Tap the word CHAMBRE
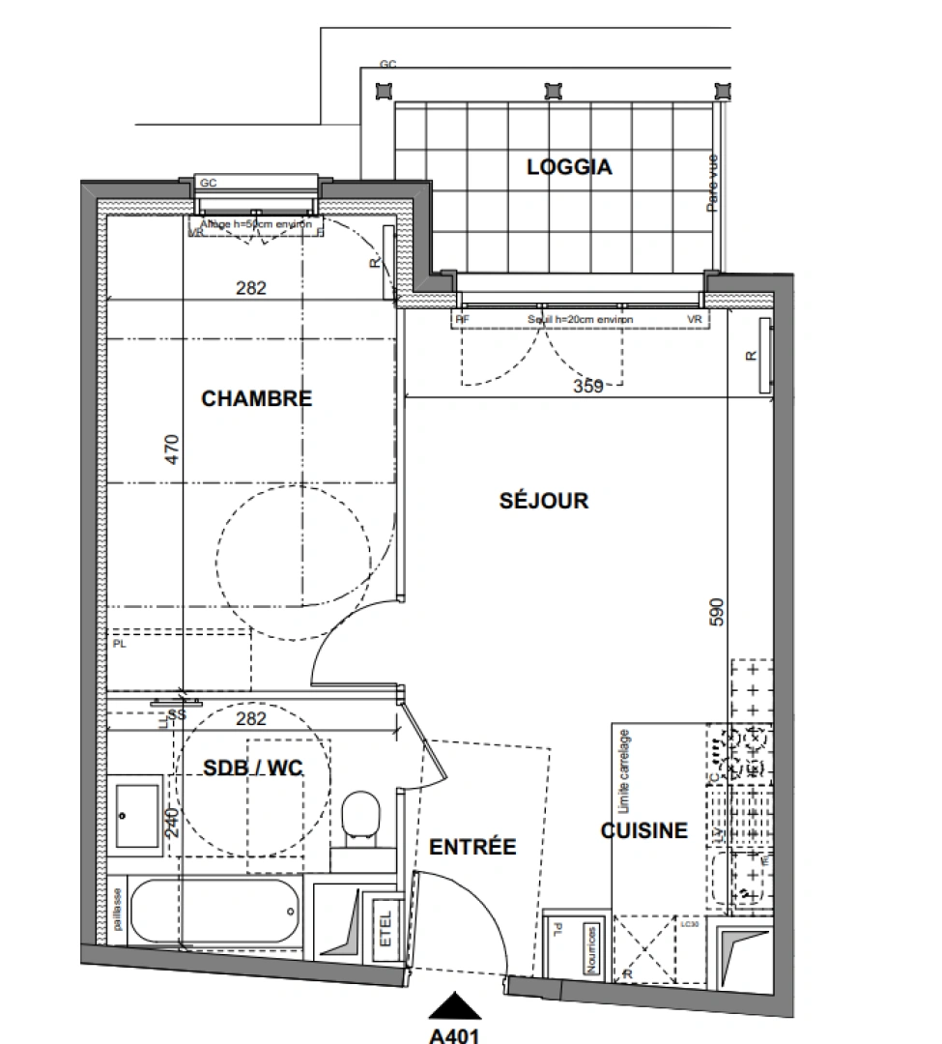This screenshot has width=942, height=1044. [x=256, y=398]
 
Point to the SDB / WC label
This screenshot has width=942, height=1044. [x=253, y=768]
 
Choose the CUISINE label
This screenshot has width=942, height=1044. [x=644, y=830]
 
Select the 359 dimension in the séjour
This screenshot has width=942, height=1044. [x=587, y=386]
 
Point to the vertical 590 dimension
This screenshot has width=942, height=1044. [x=717, y=614]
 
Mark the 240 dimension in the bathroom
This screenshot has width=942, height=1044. [x=171, y=821]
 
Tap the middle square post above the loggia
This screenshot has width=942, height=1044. [x=553, y=90]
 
